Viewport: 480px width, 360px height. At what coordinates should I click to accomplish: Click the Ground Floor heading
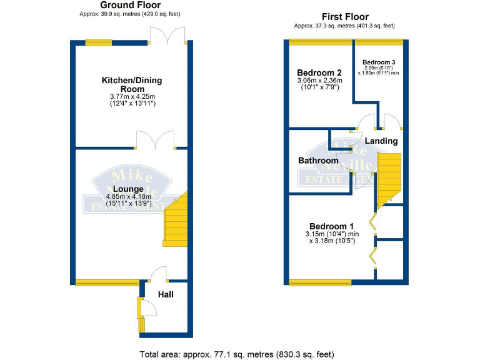coord(127,5)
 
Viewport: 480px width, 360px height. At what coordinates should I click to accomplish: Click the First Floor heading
coord(345,17)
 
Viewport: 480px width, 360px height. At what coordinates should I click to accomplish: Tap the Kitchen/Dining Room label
coord(128,84)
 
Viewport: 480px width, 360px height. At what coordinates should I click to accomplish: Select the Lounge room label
coord(129,189)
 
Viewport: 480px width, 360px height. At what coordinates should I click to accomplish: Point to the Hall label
coord(166,294)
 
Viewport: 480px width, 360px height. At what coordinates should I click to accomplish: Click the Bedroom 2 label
coord(319,72)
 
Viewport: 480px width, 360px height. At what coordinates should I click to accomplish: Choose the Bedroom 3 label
coord(379,62)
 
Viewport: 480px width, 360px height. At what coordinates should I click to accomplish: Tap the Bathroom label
coord(318,161)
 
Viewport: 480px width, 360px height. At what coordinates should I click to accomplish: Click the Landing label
coord(381,141)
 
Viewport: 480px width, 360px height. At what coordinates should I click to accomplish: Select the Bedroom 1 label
coord(331,226)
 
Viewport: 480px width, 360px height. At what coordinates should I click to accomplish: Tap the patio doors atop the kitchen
coord(171,35)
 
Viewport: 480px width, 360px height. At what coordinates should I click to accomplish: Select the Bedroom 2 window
coord(320,42)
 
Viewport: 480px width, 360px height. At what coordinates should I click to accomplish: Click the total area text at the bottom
coord(240,354)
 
